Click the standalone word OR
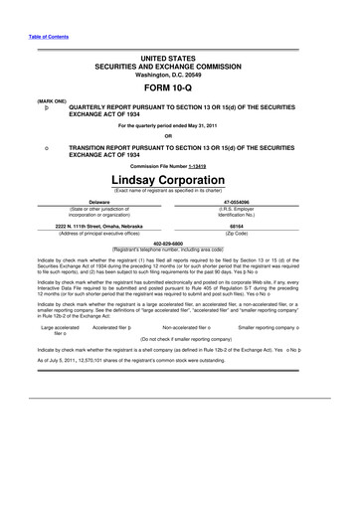(x=180, y=136)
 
